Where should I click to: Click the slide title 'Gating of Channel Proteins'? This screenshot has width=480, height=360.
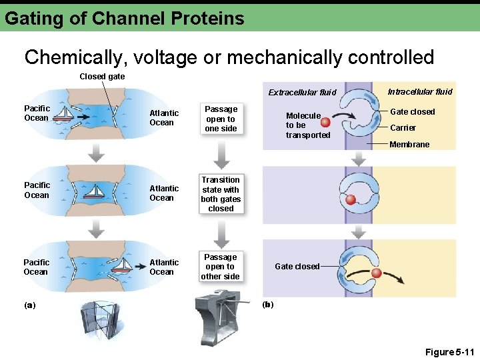click(x=125, y=18)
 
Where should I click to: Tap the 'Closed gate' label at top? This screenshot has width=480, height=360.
click(x=101, y=77)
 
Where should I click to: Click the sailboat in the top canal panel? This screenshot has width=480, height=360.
click(x=64, y=115)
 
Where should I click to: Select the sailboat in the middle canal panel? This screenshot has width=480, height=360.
click(x=95, y=192)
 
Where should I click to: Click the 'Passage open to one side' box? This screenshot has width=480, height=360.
click(x=221, y=119)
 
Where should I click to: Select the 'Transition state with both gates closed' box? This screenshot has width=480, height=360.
click(x=221, y=194)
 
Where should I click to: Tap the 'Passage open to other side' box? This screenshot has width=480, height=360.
click(x=221, y=267)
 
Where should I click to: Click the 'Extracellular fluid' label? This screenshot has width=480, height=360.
click(x=302, y=93)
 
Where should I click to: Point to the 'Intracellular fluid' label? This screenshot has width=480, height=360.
click(x=419, y=91)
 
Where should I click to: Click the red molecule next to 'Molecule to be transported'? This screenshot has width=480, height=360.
click(x=325, y=122)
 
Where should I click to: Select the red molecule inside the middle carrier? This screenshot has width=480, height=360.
click(x=350, y=199)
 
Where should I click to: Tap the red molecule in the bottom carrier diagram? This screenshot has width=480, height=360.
click(x=376, y=273)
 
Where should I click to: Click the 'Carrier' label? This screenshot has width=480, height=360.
click(x=403, y=128)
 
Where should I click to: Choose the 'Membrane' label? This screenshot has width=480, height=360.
click(x=409, y=145)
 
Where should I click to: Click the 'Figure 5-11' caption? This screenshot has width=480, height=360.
click(x=449, y=351)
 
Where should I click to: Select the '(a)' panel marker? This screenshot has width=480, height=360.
click(x=29, y=305)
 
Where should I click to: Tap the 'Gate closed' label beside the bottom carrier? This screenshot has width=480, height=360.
click(x=297, y=267)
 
